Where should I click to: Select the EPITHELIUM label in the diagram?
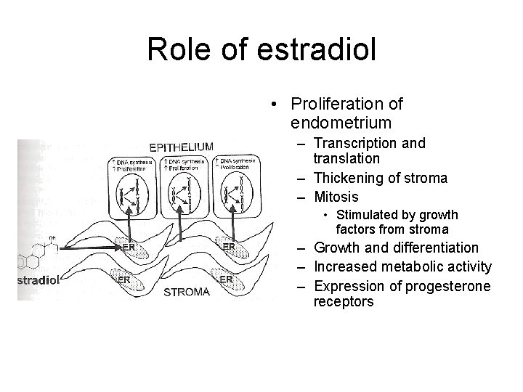pos(182,146)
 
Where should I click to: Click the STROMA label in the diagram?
pos(187,293)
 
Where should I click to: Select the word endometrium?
pos(341,122)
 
